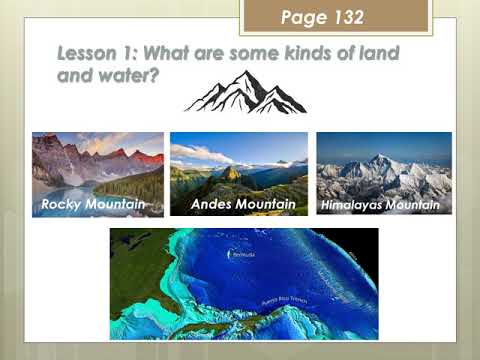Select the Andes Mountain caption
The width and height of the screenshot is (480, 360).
[x=243, y=204]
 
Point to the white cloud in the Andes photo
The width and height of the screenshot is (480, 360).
[x=200, y=153]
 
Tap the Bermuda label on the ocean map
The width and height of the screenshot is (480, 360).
[x=243, y=256]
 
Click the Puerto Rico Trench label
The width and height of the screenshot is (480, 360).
[x=282, y=300]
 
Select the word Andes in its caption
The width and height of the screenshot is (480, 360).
[x=212, y=204]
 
